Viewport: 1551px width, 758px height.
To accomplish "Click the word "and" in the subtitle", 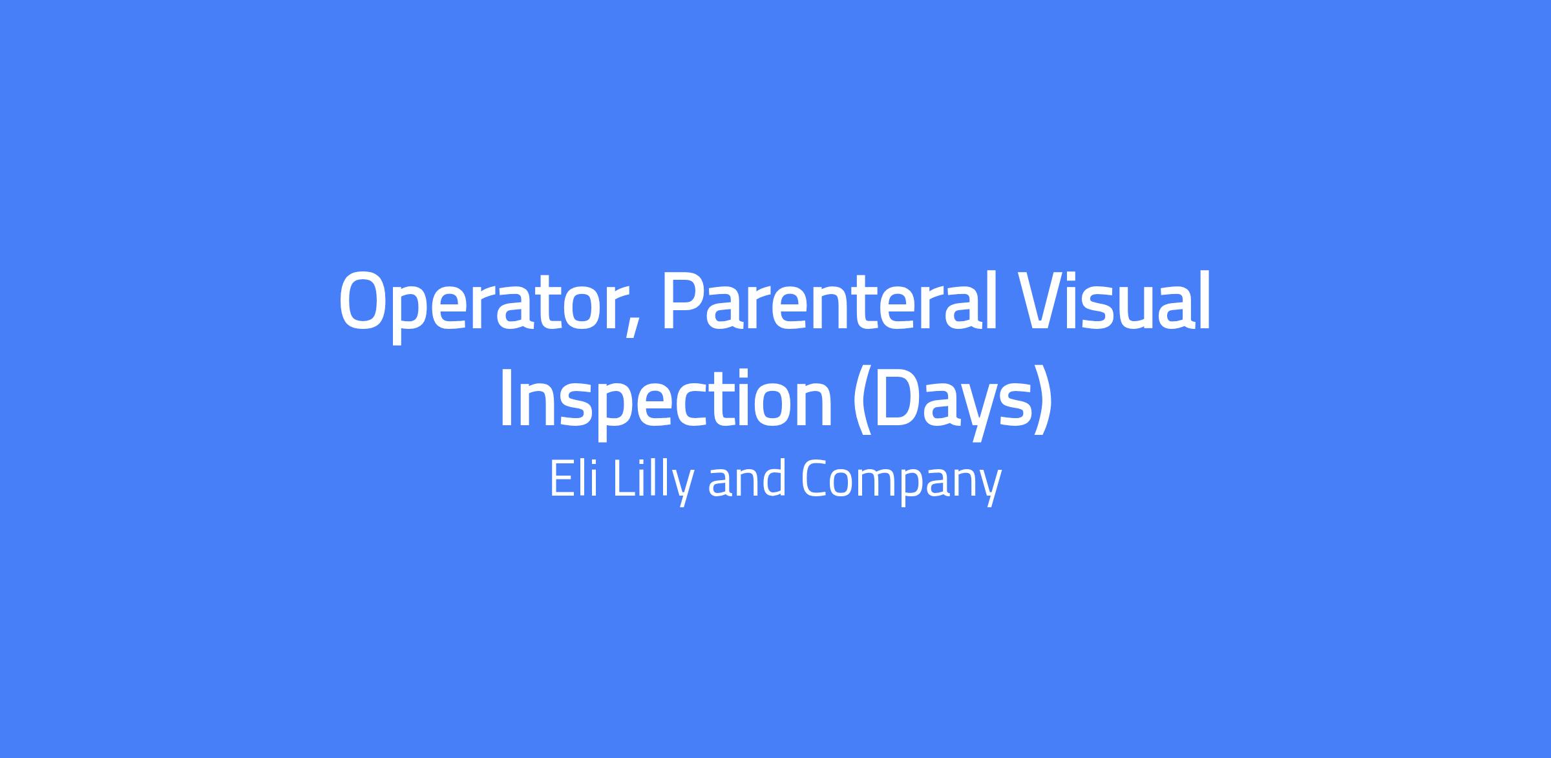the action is pyautogui.click(x=747, y=479).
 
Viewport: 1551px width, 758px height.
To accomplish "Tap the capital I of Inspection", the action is pyautogui.click(x=507, y=399).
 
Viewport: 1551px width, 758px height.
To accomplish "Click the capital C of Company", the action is pyautogui.click(x=816, y=479).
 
